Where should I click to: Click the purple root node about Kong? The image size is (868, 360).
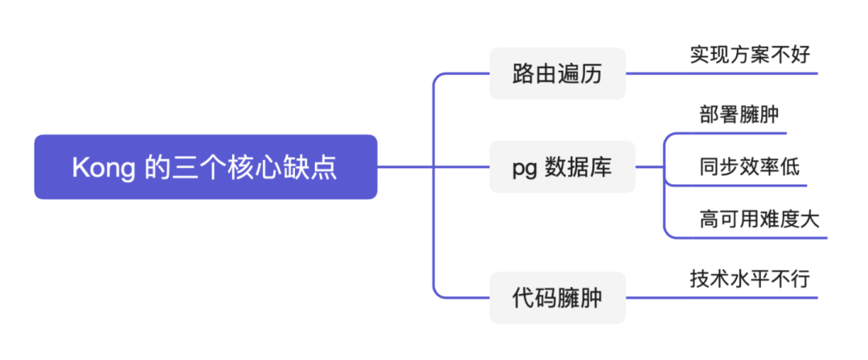click(205, 167)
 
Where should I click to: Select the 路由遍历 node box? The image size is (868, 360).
click(557, 74)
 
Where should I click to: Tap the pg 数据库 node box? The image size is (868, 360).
click(562, 167)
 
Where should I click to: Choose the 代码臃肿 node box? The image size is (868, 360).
click(557, 298)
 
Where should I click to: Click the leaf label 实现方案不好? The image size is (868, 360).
click(749, 55)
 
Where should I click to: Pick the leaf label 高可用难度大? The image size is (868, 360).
click(759, 219)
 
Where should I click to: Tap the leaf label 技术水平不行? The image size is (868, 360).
click(749, 279)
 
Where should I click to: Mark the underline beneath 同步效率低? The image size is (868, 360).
click(747, 186)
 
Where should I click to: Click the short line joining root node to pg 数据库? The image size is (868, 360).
click(434, 167)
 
